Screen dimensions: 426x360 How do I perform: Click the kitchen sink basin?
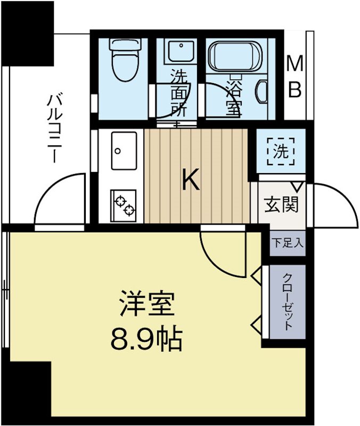[x=125, y=150]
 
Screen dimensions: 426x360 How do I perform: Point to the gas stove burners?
[x=124, y=204]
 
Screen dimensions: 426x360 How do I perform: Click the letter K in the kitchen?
[x=191, y=180]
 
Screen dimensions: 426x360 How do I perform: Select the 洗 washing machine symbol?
[x=280, y=151]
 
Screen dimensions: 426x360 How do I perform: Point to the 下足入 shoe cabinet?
[x=288, y=244]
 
